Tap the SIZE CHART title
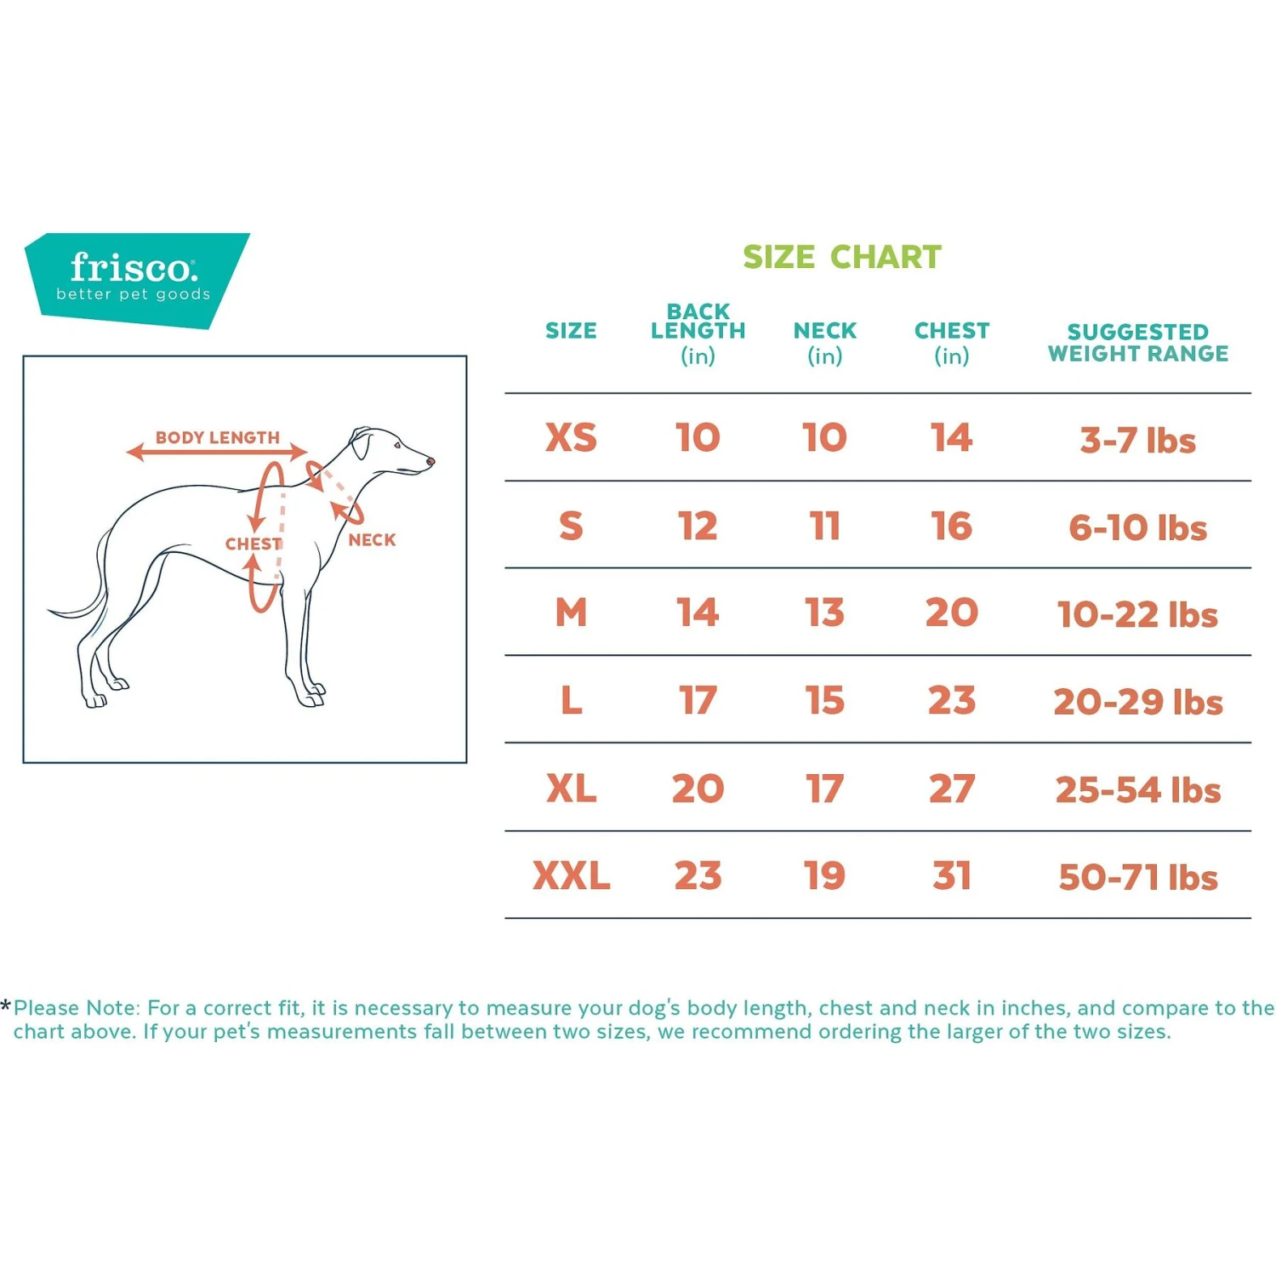[841, 257]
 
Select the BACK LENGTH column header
[698, 333]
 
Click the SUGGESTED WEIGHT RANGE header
[1137, 343]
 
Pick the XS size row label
[571, 438]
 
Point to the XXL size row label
[571, 876]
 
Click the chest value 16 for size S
[951, 527]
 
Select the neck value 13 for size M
[824, 613]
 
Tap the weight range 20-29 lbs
[1137, 703]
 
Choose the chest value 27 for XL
[951, 789]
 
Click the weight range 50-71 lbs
[1137, 878]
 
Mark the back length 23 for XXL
[698, 876]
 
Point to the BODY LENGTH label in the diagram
[217, 438]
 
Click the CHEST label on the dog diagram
[253, 544]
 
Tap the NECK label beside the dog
[372, 540]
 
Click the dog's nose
[430, 462]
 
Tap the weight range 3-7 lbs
[1137, 441]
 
